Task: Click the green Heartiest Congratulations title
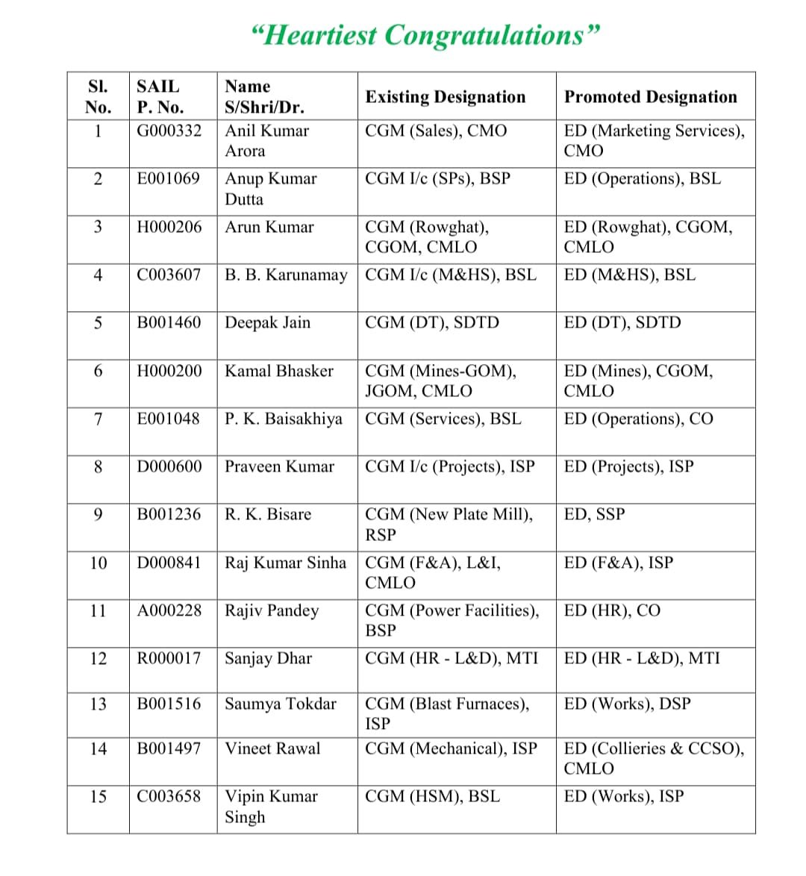(426, 35)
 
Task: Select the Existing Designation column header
(445, 97)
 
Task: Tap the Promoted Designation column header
(650, 97)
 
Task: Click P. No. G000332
(169, 131)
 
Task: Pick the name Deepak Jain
(267, 323)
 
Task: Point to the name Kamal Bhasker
(279, 371)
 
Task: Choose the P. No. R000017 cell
(169, 658)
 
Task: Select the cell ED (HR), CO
(612, 610)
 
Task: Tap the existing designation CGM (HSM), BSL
(432, 796)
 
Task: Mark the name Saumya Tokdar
(281, 704)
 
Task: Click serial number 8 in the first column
(98, 467)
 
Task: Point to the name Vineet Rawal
(272, 748)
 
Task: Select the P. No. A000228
(169, 610)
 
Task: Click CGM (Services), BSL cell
(443, 419)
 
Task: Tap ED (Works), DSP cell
(627, 704)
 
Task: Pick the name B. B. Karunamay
(286, 275)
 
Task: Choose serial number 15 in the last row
(98, 796)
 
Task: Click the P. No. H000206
(169, 227)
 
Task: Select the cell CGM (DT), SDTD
(431, 323)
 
